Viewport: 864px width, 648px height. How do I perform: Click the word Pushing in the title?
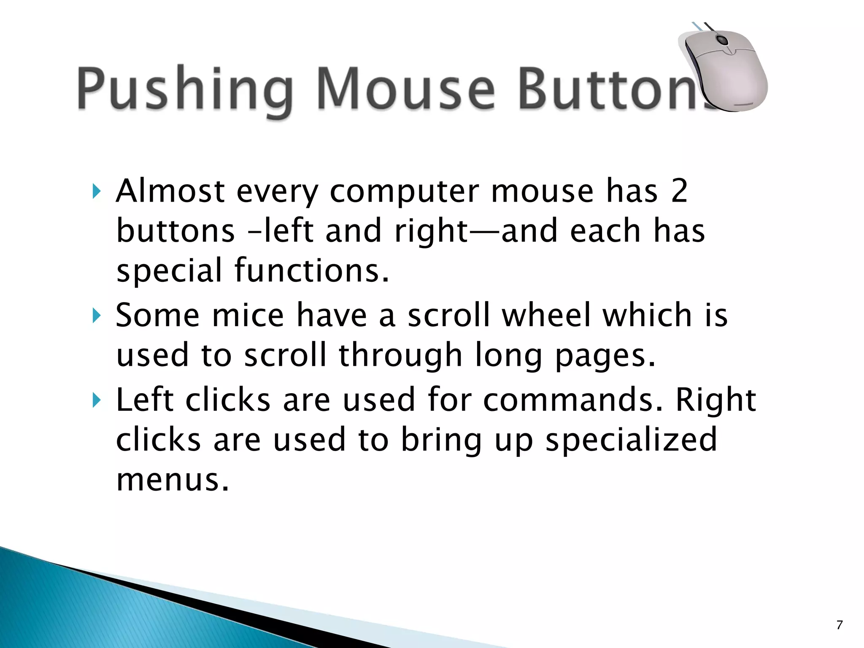185,89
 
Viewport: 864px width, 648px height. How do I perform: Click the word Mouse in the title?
405,89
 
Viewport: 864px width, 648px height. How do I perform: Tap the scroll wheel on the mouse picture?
722,41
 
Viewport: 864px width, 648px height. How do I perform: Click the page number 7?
840,625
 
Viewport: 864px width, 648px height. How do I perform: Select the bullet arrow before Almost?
97,192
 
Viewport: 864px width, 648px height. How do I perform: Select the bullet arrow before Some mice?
97,316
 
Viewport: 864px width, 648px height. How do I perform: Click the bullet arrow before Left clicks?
97,400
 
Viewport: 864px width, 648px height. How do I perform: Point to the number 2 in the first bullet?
679,191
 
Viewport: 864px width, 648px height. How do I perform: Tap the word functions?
311,270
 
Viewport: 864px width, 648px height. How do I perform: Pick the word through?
400,355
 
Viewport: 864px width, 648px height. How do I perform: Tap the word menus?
173,480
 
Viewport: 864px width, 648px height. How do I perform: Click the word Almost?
170,191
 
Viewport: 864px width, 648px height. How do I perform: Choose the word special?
169,271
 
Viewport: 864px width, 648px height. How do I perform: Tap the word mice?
248,315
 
